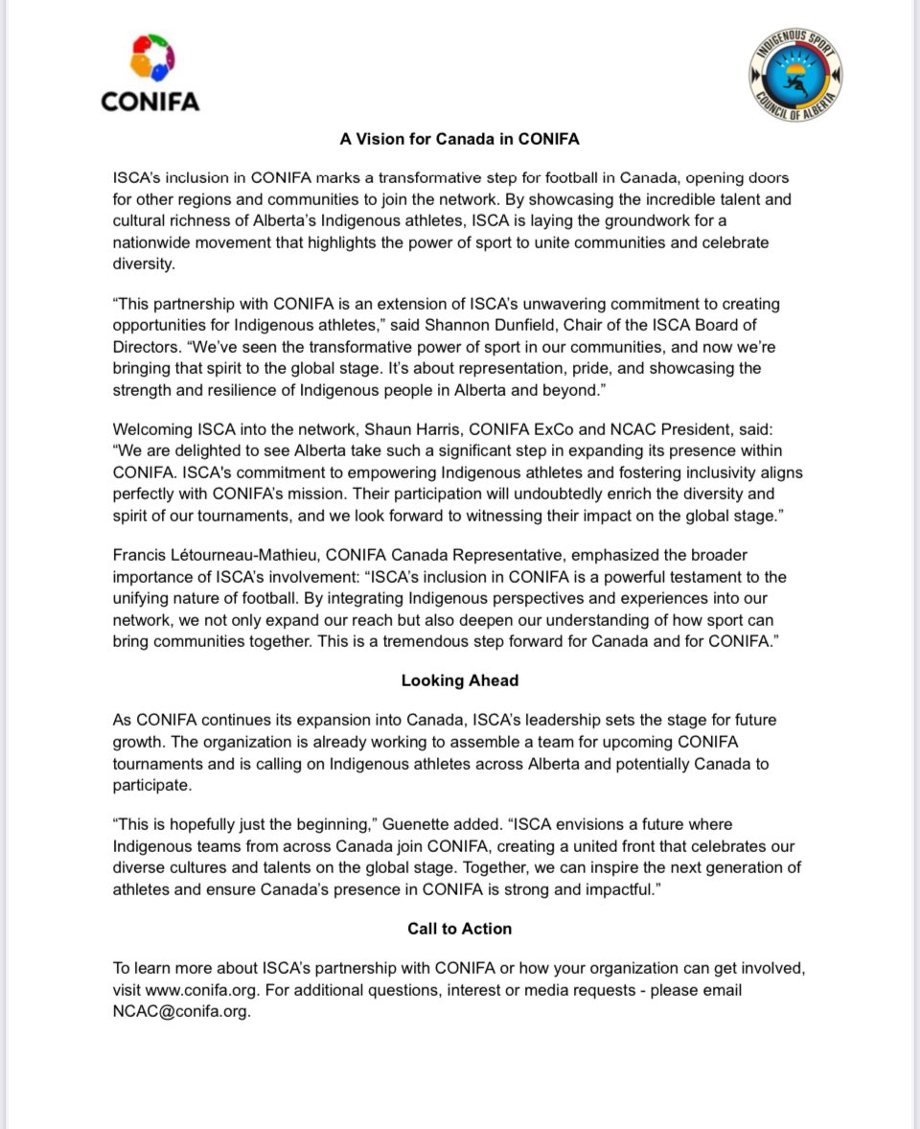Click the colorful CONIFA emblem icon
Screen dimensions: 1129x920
150,60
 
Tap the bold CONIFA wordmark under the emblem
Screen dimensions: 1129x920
150,101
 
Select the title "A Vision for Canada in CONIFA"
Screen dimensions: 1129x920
459,139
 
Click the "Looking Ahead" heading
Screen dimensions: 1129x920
459,680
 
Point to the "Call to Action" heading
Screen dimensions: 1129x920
459,929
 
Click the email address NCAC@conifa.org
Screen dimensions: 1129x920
181,1011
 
